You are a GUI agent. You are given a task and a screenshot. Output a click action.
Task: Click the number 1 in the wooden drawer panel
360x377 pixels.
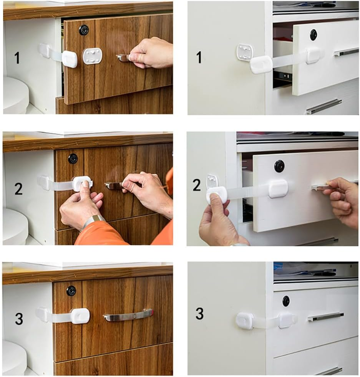pos(17,58)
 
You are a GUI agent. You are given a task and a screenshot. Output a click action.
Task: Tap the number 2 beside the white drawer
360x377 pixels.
pos(197,185)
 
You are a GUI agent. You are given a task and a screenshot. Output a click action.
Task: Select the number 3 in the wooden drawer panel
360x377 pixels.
pos(19,319)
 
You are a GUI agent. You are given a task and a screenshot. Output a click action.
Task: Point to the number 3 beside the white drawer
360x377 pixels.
pos(199,314)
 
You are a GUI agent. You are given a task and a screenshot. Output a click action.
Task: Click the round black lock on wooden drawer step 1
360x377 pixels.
pos(84,30)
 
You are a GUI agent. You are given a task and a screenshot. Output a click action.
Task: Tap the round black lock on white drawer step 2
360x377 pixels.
pos(279,166)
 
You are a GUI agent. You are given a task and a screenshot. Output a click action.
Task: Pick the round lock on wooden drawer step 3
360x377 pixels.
pos(71,291)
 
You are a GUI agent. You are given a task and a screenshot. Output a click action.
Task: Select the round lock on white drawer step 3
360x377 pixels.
pos(286,301)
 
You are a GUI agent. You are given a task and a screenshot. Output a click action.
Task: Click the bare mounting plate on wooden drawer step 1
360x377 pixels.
pos(93,56)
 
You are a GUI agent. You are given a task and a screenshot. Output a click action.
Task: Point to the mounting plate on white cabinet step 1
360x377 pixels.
pos(245,52)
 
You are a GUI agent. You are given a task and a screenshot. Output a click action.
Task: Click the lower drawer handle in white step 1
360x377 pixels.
pos(324,106)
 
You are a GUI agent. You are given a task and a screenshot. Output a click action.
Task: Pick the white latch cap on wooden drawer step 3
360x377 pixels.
pos(80,316)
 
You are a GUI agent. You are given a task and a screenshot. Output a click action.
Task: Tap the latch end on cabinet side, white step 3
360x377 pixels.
pos(245,321)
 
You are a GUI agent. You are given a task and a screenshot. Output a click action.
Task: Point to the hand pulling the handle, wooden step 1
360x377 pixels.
pos(152,53)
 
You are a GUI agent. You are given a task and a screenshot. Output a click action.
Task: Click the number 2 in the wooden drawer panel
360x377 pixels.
pos(18,188)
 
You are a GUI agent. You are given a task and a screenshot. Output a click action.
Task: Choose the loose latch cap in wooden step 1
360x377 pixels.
pos(70,59)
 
